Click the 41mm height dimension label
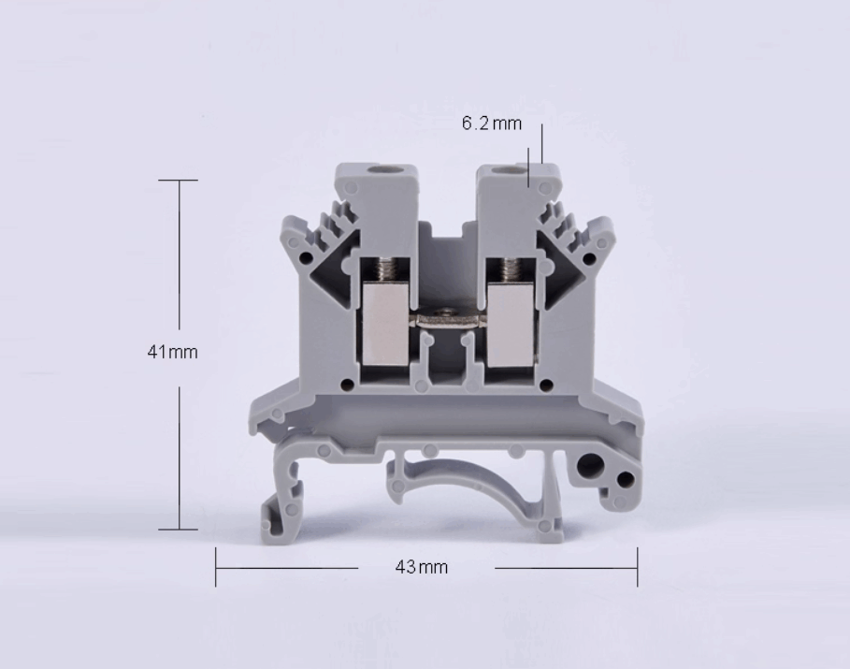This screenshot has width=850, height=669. click(x=172, y=352)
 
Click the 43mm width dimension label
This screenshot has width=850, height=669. click(x=422, y=567)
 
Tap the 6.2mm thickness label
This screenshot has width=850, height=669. click(x=492, y=124)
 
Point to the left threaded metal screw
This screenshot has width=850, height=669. click(x=386, y=268)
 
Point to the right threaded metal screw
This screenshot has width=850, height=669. click(x=511, y=268)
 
